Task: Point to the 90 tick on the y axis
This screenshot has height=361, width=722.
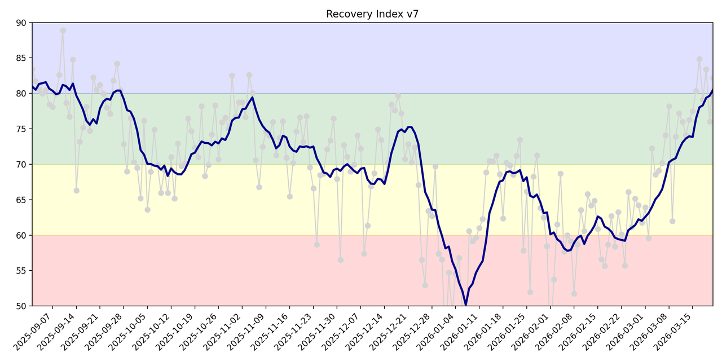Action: coord(21,23)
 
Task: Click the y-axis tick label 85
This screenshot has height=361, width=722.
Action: coord(21,58)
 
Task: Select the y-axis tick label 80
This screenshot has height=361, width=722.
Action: coord(21,94)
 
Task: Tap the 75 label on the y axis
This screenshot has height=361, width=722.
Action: coord(21,129)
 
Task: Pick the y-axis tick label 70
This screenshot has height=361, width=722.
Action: coord(21,164)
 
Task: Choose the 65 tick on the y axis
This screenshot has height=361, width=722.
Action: coord(21,200)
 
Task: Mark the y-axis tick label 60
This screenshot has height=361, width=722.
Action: coord(21,235)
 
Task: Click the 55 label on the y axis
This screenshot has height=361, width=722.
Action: coord(21,271)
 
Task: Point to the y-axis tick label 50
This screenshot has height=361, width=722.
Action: coord(21,306)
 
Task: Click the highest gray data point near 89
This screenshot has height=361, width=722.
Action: coord(63,30)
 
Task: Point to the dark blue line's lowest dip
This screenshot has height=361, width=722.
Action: coord(465,305)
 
